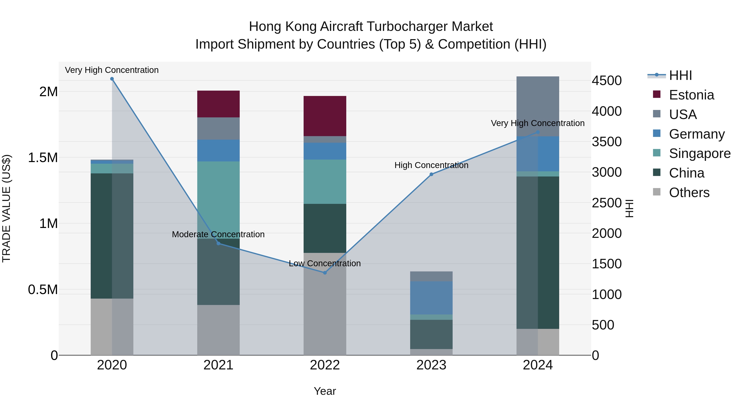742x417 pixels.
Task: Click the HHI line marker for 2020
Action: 112,79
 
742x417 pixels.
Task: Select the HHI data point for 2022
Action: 325,272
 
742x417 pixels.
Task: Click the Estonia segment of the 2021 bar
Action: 218,104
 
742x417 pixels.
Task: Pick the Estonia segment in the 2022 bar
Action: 325,116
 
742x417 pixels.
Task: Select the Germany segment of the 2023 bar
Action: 431,298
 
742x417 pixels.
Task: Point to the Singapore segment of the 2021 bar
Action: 218,200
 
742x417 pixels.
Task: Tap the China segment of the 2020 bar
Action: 112,236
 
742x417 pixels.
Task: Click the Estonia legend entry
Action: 691,95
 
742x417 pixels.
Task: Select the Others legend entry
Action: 689,193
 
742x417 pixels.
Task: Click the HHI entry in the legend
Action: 680,75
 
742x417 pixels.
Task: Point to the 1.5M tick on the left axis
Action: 43,158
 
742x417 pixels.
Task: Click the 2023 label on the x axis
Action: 431,365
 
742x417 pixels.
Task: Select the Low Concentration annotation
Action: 325,263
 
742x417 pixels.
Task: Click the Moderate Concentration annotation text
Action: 218,234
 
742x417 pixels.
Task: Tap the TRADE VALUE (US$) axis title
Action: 6,208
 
